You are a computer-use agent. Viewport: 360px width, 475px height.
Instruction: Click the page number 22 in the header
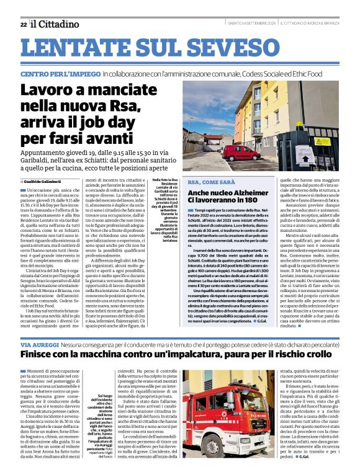(x=23, y=24)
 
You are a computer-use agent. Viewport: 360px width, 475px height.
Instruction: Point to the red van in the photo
(x=241, y=152)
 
